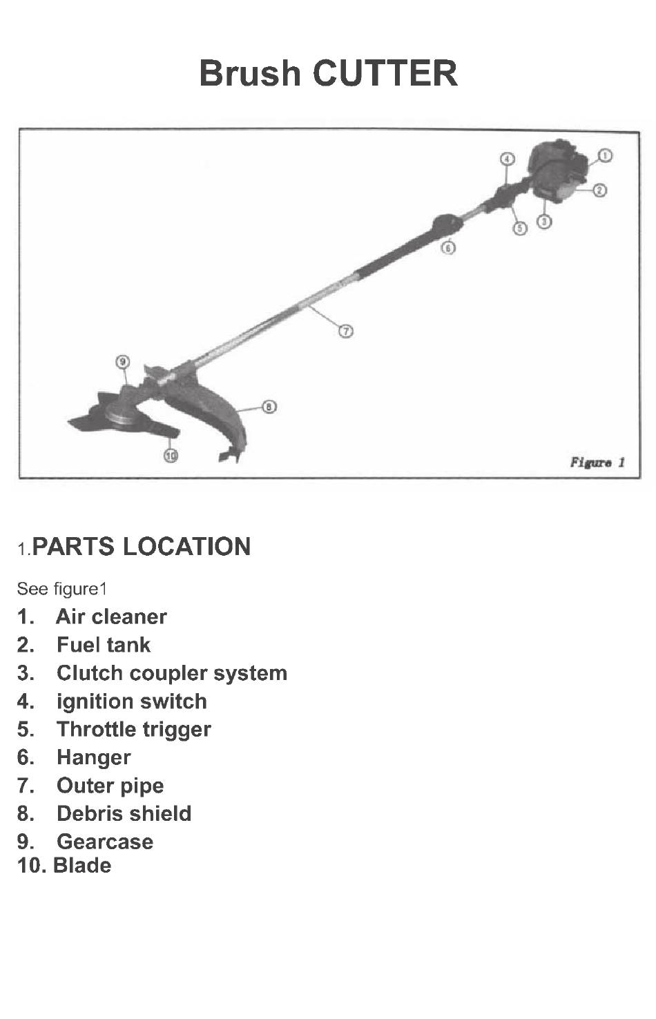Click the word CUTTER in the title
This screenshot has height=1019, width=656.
point(385,73)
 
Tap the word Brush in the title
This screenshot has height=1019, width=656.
point(251,73)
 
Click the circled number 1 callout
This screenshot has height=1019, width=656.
point(604,155)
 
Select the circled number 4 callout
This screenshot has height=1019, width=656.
point(508,159)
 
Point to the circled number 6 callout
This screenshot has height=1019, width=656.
point(448,247)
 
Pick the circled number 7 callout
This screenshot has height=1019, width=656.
point(347,331)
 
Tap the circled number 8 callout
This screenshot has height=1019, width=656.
point(270,407)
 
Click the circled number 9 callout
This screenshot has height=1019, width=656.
point(123,362)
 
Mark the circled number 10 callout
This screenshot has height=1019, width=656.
point(171,455)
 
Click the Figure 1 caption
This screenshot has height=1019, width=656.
point(597,462)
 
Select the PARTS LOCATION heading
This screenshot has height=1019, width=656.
point(142,547)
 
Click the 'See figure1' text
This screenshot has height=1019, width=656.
point(62,589)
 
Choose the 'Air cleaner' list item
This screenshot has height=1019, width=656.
point(111,617)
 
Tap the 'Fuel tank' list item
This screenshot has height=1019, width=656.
point(104,645)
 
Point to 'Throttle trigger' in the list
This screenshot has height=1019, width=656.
point(134,729)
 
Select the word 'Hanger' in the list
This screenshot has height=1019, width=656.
point(93,757)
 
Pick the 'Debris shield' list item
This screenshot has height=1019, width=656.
point(124,813)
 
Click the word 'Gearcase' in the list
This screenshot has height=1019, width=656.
point(105,842)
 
